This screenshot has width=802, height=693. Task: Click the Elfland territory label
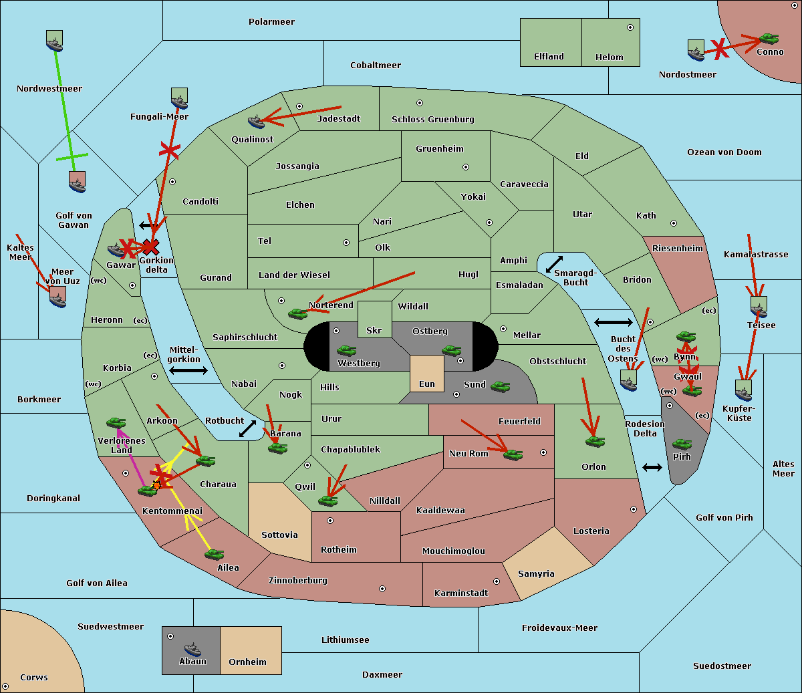pyautogui.click(x=549, y=57)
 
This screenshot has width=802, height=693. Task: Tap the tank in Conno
pyautogui.click(x=769, y=39)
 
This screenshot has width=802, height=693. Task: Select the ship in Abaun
pyautogui.click(x=192, y=648)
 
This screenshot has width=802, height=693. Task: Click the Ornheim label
pyautogui.click(x=247, y=662)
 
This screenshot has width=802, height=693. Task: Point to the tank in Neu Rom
pyautogui.click(x=513, y=454)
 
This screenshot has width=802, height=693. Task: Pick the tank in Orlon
pyautogui.click(x=594, y=441)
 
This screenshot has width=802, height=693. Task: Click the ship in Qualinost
pyautogui.click(x=256, y=121)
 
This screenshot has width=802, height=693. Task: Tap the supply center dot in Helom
pyautogui.click(x=630, y=27)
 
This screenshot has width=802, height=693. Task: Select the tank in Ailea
pyautogui.click(x=214, y=554)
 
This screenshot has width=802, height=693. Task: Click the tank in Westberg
pyautogui.click(x=346, y=350)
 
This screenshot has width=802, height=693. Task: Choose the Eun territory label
pyautogui.click(x=427, y=384)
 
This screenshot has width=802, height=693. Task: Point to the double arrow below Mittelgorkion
pyautogui.click(x=188, y=371)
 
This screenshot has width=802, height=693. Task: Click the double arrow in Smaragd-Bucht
pyautogui.click(x=554, y=264)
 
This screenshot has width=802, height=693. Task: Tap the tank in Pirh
pyautogui.click(x=682, y=444)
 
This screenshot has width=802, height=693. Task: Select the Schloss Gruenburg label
pyautogui.click(x=432, y=120)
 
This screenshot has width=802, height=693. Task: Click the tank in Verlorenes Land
pyautogui.click(x=116, y=422)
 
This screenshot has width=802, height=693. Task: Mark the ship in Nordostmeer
pyautogui.click(x=696, y=51)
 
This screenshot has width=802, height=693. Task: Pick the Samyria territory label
pyautogui.click(x=536, y=574)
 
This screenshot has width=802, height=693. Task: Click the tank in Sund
pyautogui.click(x=500, y=386)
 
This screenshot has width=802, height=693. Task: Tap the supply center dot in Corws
pyautogui.click(x=5, y=686)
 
